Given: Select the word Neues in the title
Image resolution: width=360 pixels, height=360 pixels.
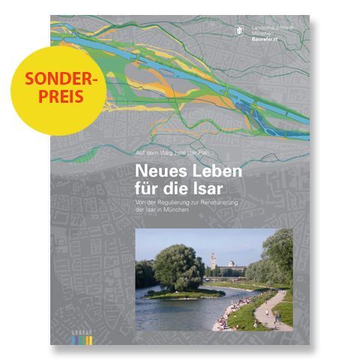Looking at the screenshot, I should click(154, 171).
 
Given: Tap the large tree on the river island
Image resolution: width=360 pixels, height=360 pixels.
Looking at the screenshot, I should click(178, 266).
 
